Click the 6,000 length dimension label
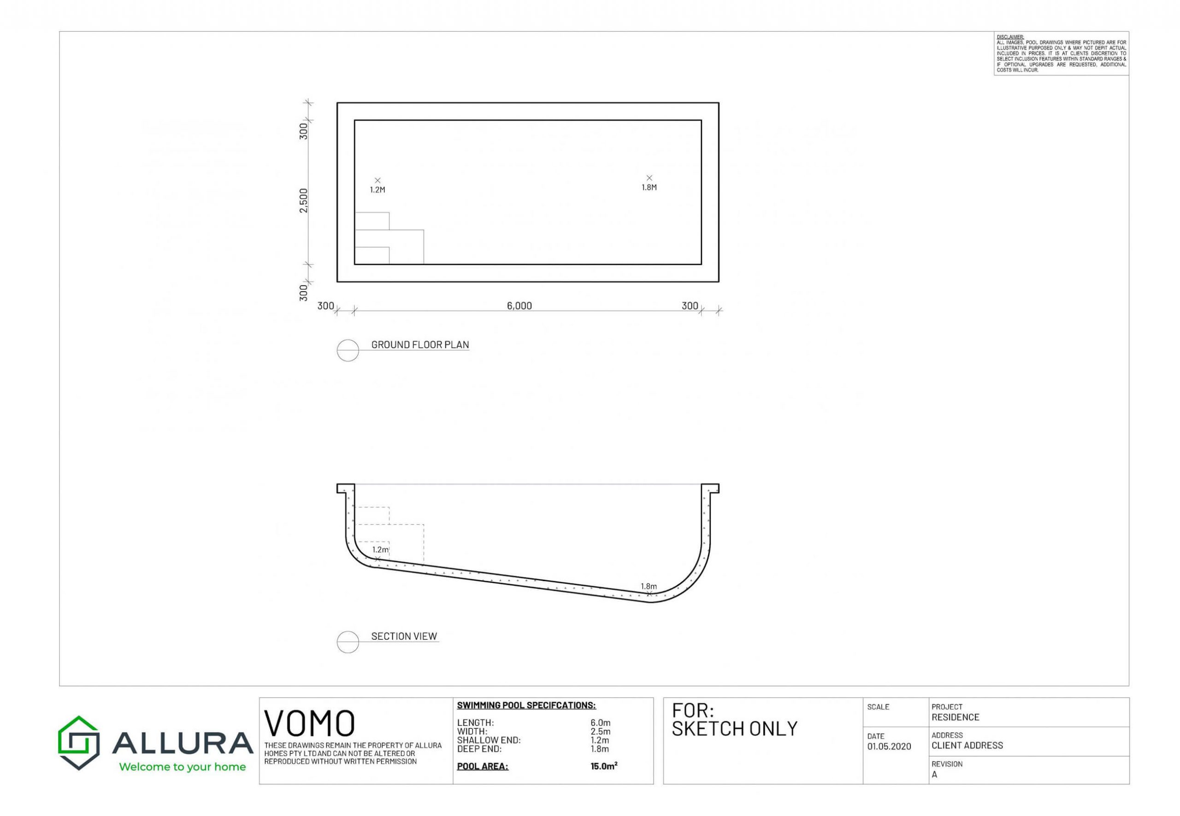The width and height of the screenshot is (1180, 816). pos(519,306)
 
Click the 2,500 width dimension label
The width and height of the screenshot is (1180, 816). pos(303,200)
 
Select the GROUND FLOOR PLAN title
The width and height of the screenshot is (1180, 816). pos(420,344)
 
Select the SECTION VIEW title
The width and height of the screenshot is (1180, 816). pos(404,636)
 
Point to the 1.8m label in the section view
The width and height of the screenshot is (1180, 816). pos(649,586)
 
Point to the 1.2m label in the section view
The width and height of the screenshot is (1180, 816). pos(380,550)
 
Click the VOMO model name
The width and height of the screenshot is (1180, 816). pos(309,723)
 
